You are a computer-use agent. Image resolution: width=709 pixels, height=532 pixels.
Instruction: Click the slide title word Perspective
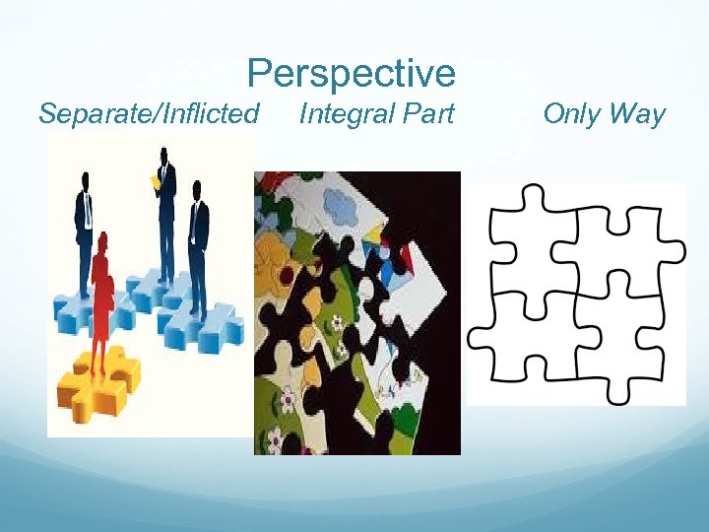pos(351,74)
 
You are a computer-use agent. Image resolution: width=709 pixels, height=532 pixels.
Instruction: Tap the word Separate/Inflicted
pos(149,114)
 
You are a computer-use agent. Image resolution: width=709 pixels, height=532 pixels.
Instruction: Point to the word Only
pos(571,114)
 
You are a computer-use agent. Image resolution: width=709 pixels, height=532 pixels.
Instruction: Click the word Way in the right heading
pos(637,114)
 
